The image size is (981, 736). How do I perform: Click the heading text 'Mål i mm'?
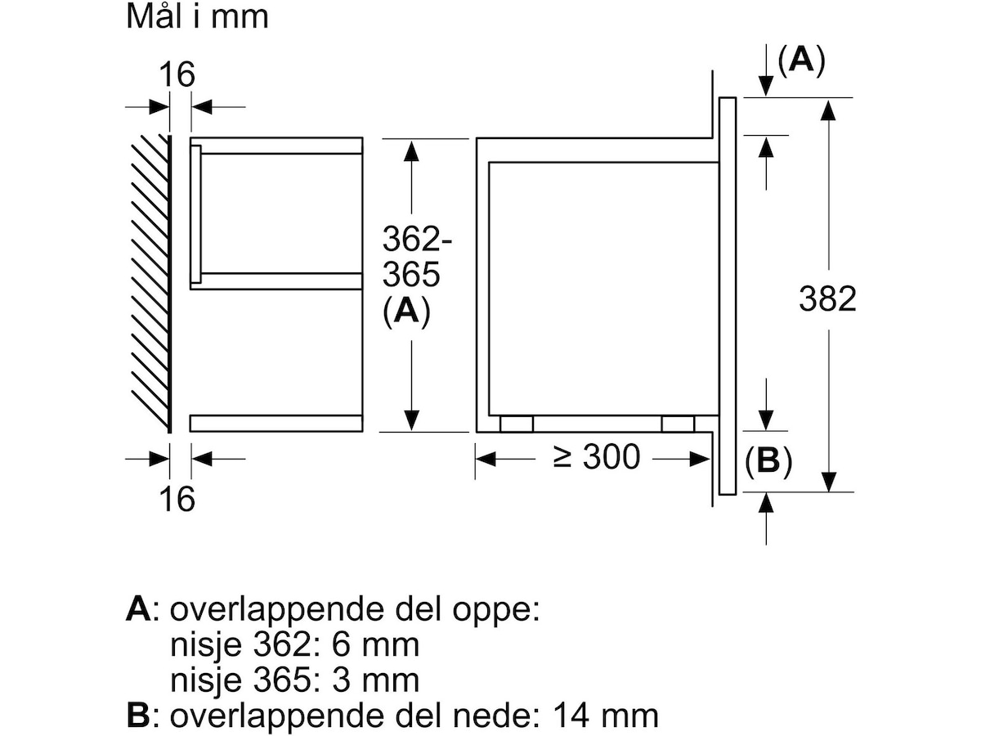click(x=197, y=17)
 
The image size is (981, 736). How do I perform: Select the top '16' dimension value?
click(x=177, y=74)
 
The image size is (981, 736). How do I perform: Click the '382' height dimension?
click(x=827, y=299)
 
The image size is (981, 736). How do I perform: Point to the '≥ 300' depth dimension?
click(x=597, y=458)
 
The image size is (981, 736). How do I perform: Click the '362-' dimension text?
click(x=417, y=240)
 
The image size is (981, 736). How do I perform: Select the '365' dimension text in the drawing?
click(x=411, y=276)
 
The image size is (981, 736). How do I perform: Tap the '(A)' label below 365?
click(x=406, y=312)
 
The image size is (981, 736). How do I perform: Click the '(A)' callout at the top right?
click(x=801, y=61)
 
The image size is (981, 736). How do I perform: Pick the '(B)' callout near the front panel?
click(x=768, y=462)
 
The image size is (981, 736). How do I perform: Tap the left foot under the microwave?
click(x=516, y=424)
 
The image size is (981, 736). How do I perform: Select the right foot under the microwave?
click(x=678, y=424)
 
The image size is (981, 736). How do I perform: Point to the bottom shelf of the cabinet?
click(x=276, y=423)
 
